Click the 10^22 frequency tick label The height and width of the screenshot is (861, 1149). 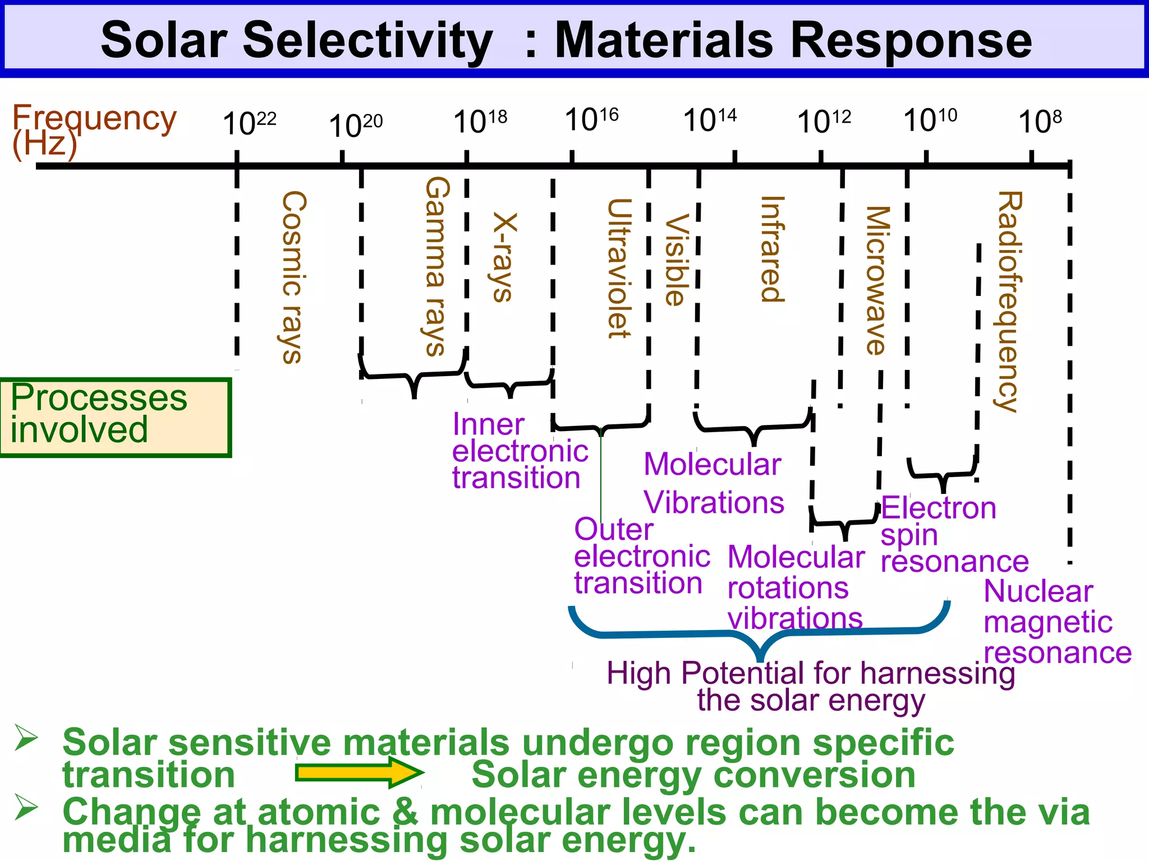point(249,123)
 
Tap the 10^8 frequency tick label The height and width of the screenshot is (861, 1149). point(1040,121)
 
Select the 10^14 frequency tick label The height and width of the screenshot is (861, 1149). point(709,120)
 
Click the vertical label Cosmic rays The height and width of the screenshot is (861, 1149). point(293,277)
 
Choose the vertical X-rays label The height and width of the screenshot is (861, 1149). point(503,258)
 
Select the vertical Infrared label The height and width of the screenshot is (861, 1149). point(772,249)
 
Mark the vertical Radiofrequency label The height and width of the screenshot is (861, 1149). point(1009,302)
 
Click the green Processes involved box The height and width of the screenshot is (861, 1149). point(115,418)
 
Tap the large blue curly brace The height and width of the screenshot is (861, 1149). point(760,636)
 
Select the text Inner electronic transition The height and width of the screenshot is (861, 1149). point(519,451)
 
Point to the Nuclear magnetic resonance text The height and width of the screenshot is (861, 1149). point(1057,622)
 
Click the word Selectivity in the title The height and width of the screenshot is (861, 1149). point(367,40)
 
